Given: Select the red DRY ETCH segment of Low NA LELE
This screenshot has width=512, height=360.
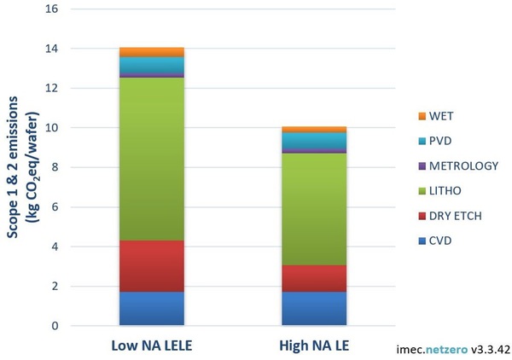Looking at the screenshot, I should [152, 266].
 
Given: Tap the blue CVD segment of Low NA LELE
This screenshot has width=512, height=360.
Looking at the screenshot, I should [152, 308].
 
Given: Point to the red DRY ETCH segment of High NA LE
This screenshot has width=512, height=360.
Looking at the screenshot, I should [313, 278].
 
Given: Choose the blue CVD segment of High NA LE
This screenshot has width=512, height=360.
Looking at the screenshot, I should [313, 308].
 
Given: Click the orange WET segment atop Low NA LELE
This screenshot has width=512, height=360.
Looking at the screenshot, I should [152, 52].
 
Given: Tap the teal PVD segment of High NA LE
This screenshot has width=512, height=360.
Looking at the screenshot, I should [313, 141].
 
